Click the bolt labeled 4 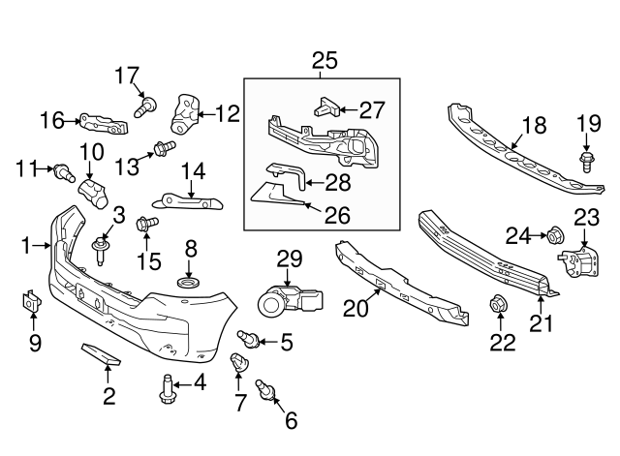pos(167,388)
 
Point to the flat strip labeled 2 pos(99,355)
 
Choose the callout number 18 pos(533,125)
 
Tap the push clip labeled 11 pos(66,173)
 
